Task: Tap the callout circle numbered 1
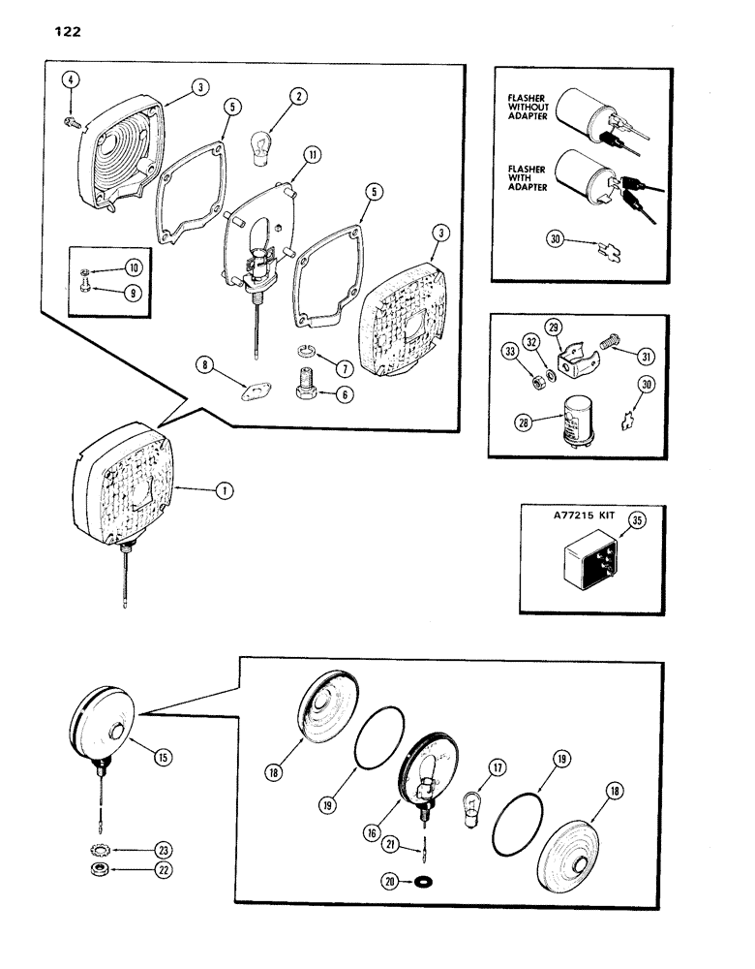(x=223, y=491)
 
